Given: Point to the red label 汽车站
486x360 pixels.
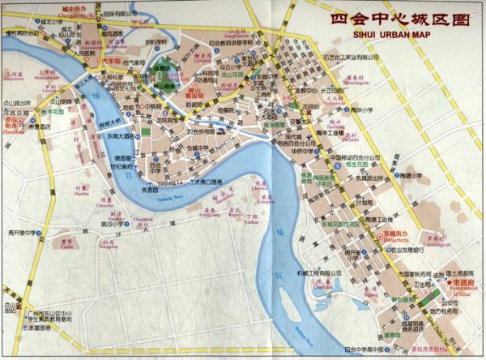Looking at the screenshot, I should (108, 61).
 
